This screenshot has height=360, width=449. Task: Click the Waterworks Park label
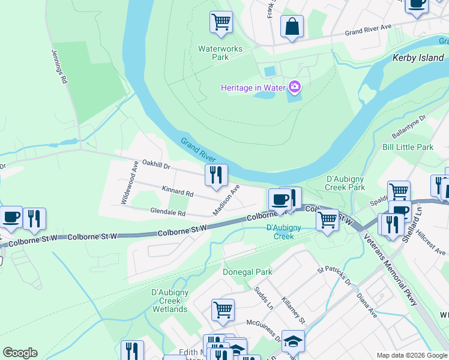tap(212, 53)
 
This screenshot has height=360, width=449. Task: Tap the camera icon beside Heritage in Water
tap(295, 88)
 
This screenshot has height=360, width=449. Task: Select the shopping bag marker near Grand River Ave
tap(292, 27)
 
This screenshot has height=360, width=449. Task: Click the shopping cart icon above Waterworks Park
tap(221, 23)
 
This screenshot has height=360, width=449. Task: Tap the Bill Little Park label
tap(408, 147)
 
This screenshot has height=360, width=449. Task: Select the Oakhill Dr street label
tap(157, 164)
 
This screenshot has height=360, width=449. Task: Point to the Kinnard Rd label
tap(178, 193)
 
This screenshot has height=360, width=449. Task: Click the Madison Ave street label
tap(226, 200)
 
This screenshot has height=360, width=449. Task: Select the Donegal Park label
tap(247, 272)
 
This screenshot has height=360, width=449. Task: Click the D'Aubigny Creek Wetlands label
tap(170, 301)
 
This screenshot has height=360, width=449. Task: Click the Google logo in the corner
tap(20, 353)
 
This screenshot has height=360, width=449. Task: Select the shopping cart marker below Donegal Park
tap(222, 310)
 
